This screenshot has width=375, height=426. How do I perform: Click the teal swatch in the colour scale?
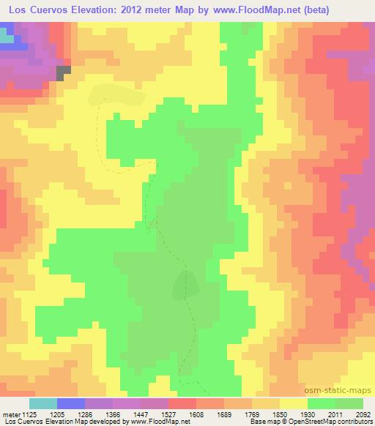(43, 403)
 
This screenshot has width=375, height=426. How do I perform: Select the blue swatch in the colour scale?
(71, 403)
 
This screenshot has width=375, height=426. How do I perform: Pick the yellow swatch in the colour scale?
(293, 403)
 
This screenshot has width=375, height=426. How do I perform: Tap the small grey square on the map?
(64, 71)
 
